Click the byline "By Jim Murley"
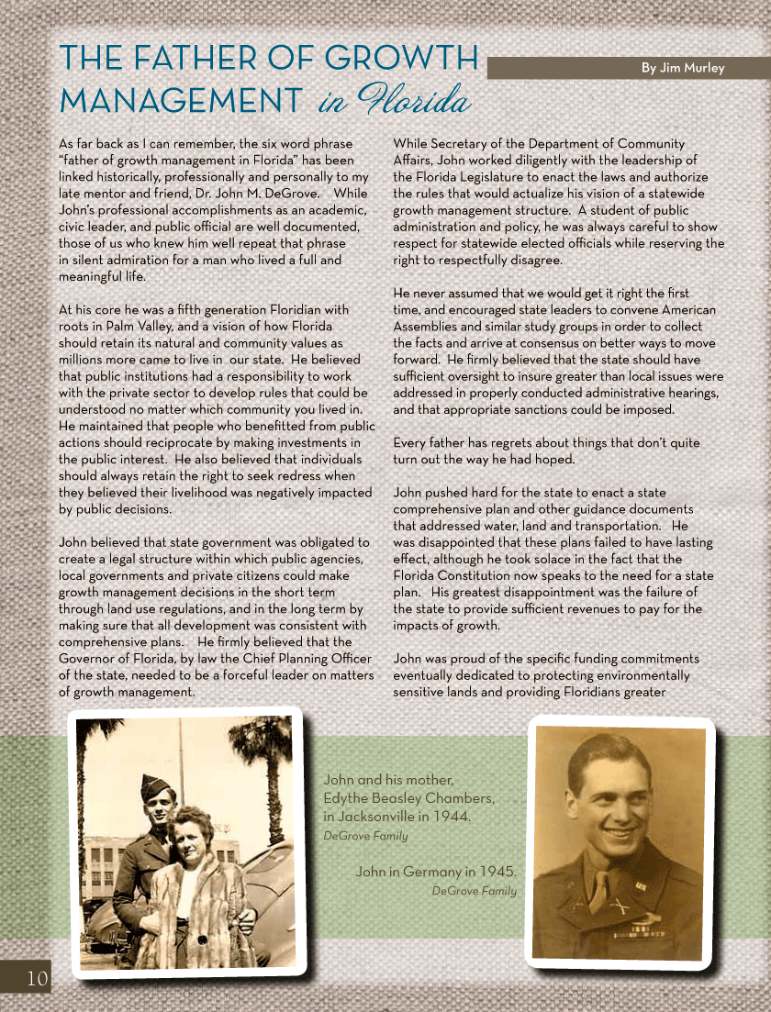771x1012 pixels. click(683, 68)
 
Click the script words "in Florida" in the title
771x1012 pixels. click(395, 99)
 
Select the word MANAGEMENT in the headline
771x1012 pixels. click(181, 98)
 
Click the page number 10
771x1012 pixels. click(25, 978)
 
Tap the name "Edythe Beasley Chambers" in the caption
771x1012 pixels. click(408, 797)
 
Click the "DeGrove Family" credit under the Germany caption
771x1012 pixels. click(474, 891)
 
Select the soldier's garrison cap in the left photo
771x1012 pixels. click(155, 785)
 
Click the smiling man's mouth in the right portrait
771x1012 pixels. click(620, 834)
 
